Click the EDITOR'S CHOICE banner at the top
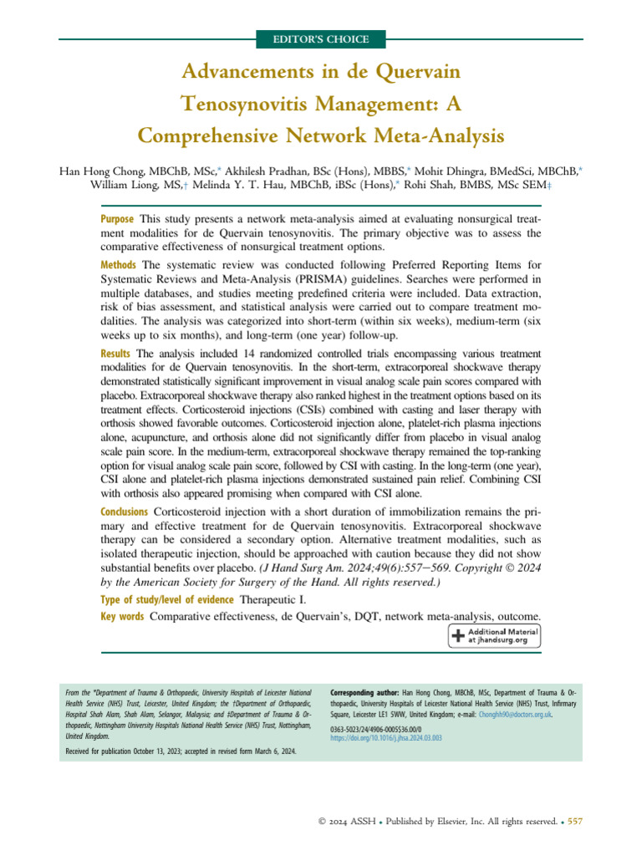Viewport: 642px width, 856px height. (x=321, y=39)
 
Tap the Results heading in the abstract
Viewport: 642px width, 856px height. (x=116, y=355)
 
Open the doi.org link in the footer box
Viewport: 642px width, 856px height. (x=386, y=738)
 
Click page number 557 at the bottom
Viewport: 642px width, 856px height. (x=574, y=822)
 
